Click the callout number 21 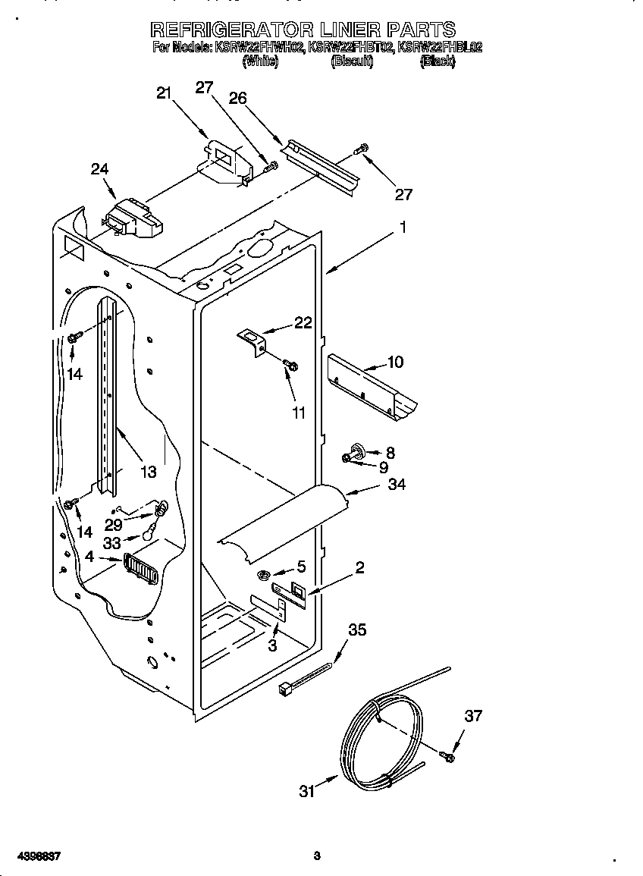[x=164, y=93]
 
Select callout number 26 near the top [x=237, y=98]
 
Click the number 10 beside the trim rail [x=395, y=362]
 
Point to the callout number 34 [x=396, y=484]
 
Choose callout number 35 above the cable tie [x=357, y=629]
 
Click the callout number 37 [x=472, y=716]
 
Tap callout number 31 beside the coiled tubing [x=306, y=791]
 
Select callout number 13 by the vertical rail [x=148, y=472]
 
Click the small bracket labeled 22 [x=253, y=339]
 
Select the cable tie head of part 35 [x=286, y=687]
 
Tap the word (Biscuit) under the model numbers [x=352, y=62]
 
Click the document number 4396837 [x=36, y=856]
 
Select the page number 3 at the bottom [x=317, y=856]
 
